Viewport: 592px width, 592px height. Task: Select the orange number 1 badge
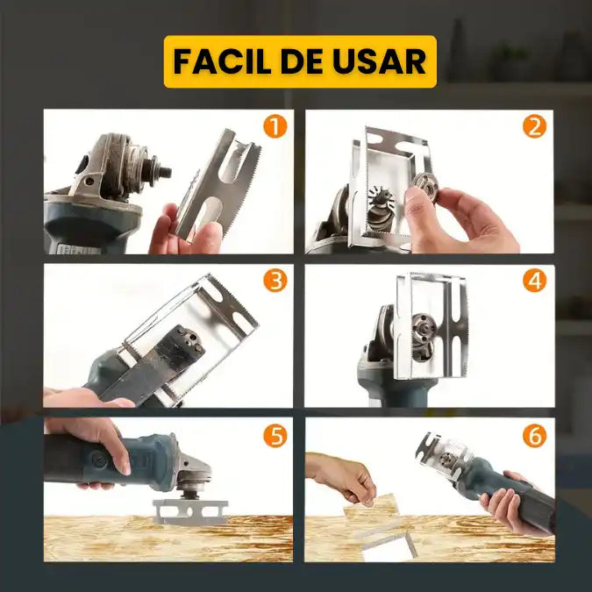(x=275, y=126)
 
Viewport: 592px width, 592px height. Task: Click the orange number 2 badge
(x=534, y=126)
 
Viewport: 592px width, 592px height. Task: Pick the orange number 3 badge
(x=275, y=281)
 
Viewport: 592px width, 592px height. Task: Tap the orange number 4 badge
(x=534, y=281)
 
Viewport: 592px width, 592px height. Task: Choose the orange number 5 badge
(x=275, y=435)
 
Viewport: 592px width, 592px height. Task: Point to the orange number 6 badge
(x=534, y=435)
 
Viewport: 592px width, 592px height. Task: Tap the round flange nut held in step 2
(x=424, y=188)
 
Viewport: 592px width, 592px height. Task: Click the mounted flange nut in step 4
(x=424, y=335)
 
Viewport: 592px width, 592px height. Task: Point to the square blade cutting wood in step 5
(x=190, y=511)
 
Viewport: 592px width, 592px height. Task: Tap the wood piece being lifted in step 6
(x=372, y=505)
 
